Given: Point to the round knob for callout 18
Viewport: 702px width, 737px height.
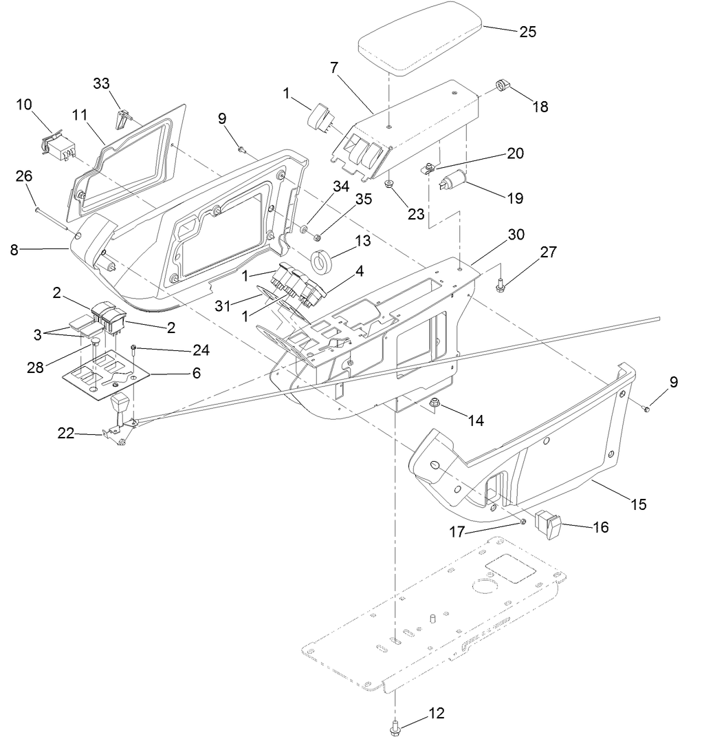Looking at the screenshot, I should [x=502, y=86].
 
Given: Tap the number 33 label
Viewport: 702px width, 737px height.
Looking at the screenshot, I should [x=101, y=83].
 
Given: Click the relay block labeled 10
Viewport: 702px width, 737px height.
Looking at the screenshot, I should [x=58, y=147].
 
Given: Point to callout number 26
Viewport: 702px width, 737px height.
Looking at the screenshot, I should [x=24, y=177].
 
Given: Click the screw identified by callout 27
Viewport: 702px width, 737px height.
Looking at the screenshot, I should [x=502, y=283].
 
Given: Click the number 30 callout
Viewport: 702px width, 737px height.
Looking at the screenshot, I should [x=516, y=235].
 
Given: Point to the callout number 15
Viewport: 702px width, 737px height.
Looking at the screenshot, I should [x=639, y=504].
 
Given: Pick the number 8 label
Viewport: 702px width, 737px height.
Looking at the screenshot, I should [x=14, y=250].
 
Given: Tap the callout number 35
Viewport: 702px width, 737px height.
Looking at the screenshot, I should [x=362, y=200].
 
